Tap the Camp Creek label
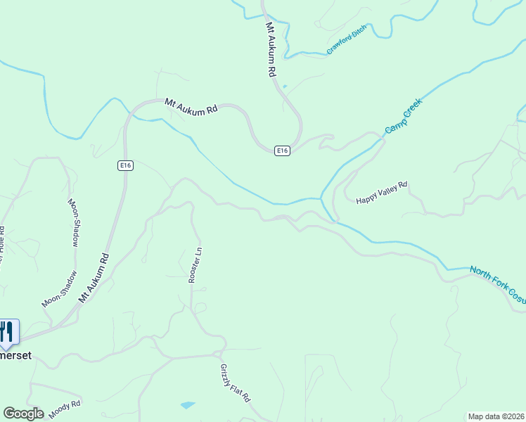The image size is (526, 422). [x=404, y=117]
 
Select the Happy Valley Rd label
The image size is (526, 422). [x=381, y=191]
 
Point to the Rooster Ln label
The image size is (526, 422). [x=195, y=264]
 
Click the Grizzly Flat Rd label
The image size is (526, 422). [x=235, y=383]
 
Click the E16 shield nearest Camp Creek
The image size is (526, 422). [x=281, y=151]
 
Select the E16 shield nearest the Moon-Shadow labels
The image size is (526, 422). [x=125, y=165]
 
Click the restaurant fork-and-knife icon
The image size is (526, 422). [x=8, y=331]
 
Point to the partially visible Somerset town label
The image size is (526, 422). [x=15, y=356]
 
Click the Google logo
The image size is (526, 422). [x=23, y=414]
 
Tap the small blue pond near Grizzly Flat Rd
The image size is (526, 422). [x=188, y=405]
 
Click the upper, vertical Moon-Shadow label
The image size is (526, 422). [x=73, y=222]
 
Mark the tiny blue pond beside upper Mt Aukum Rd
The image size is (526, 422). [x=285, y=87]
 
